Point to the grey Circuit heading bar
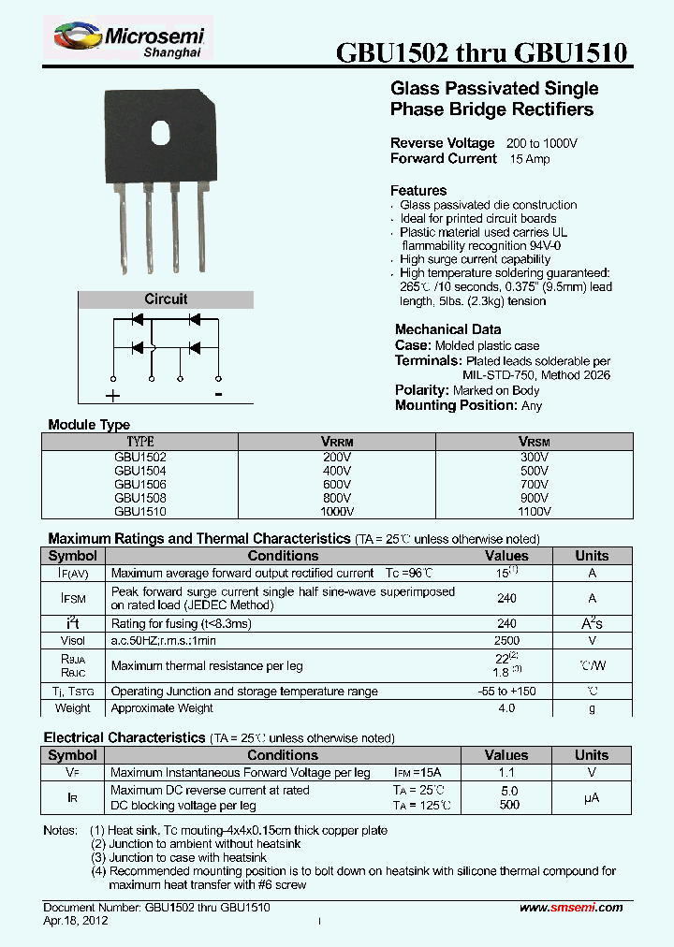(166, 299)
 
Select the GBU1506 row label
(140, 485)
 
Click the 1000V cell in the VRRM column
(337, 512)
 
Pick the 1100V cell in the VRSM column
(534, 512)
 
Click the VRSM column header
(534, 441)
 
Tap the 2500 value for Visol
(506, 641)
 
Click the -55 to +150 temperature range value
(506, 692)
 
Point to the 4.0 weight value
(506, 708)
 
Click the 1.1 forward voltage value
(506, 773)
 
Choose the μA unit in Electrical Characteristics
(591, 797)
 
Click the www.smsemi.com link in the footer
(571, 908)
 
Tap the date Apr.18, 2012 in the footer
(76, 921)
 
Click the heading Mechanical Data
(447, 329)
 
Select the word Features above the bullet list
(418, 191)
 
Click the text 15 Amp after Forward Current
(530, 159)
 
